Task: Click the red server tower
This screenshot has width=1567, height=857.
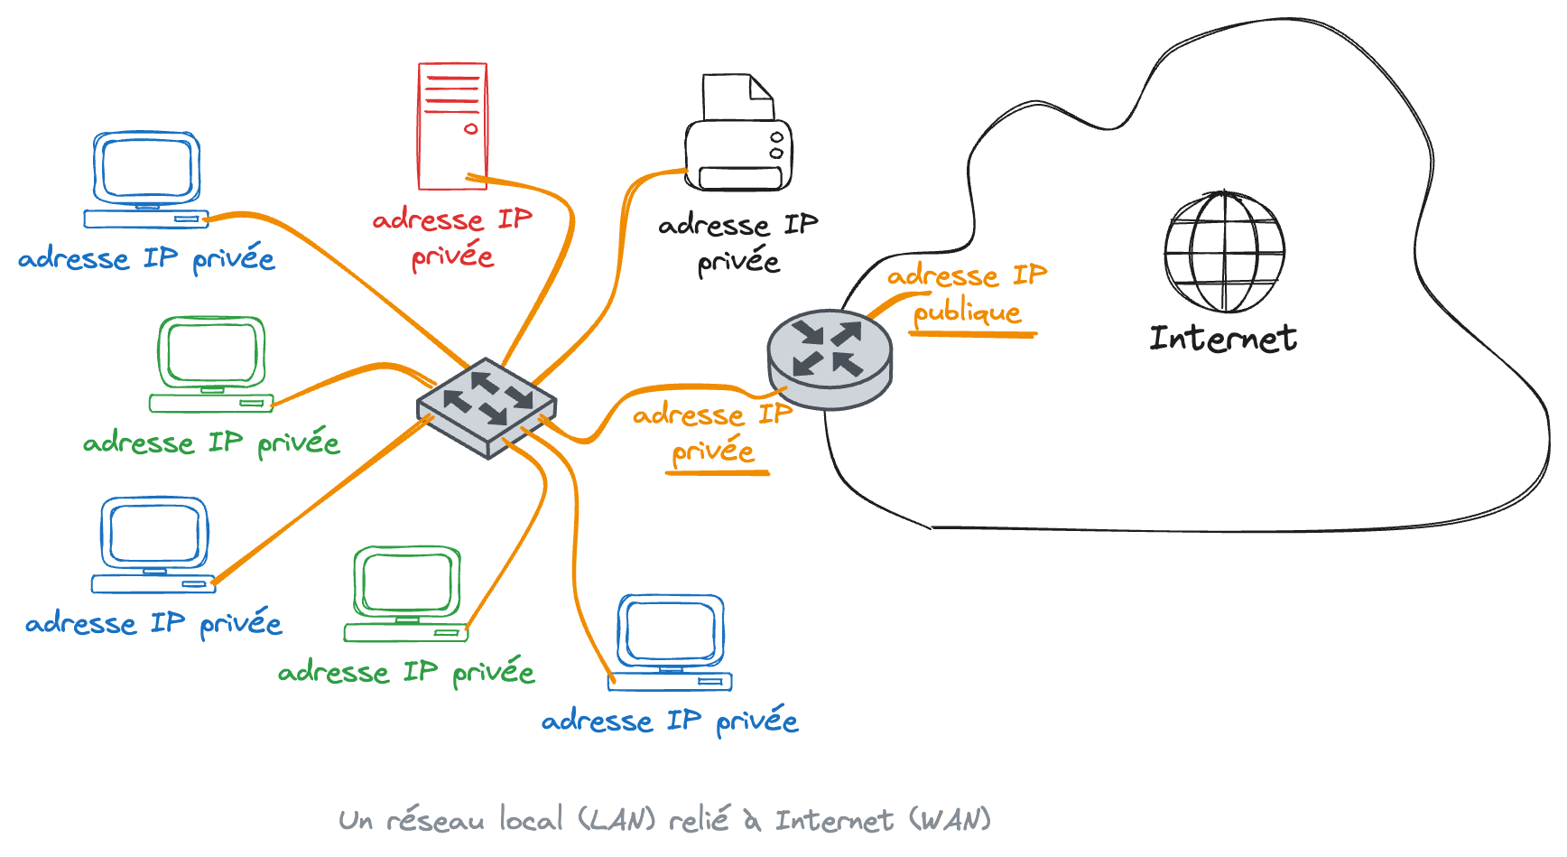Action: pos(452,126)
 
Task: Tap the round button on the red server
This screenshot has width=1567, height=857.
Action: pos(471,129)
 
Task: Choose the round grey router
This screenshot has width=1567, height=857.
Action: pos(830,359)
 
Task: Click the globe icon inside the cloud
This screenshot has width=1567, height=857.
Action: pos(1224,251)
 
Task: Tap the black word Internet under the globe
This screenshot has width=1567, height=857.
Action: pos(1223,339)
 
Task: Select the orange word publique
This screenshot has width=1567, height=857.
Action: pos(967,312)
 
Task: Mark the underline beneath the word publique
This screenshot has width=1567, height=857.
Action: pos(972,334)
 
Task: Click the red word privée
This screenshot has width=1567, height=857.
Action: pos(452,257)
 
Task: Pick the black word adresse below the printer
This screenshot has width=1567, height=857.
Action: pos(713,225)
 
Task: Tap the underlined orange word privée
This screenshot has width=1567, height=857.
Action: pos(713,451)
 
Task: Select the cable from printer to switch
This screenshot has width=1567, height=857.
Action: pos(617,271)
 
